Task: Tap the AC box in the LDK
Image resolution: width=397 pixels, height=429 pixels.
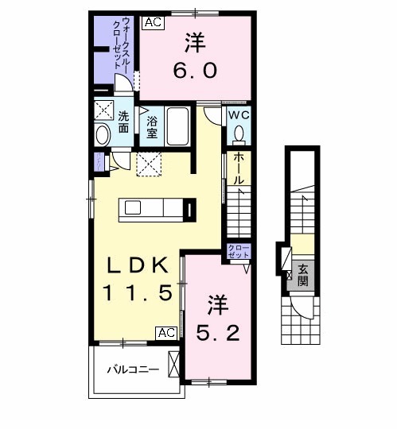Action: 166,333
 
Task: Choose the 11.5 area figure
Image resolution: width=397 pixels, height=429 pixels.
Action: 136,293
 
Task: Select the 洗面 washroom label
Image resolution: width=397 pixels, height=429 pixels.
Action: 124,122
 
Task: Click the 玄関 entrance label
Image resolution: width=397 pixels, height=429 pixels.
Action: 302,275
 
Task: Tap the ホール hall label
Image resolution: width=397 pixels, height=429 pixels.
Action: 238,168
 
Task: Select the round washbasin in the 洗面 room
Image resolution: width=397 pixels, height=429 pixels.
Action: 103,135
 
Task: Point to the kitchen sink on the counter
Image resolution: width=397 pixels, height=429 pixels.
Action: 133,208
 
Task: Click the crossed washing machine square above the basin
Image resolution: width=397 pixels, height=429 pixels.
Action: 103,110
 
